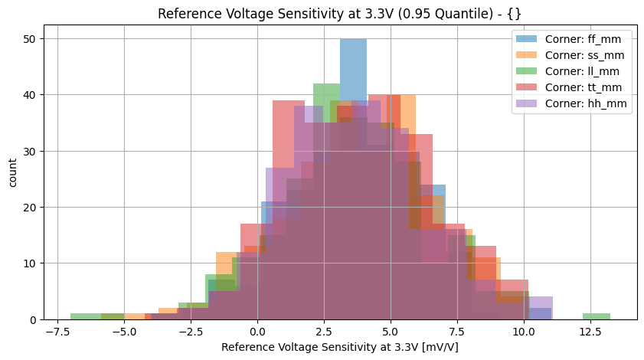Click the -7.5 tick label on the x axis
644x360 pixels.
[57, 333]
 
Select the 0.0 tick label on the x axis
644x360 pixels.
[257, 333]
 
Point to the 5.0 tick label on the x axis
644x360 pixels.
[391, 333]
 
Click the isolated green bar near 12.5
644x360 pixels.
[596, 316]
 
